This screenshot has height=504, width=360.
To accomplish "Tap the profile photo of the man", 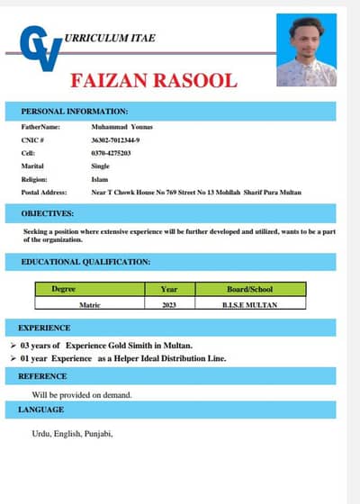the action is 306,50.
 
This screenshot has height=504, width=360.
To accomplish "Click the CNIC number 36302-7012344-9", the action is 115,140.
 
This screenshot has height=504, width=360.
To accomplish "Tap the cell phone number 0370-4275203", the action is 111,154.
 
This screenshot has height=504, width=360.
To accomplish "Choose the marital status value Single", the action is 100,166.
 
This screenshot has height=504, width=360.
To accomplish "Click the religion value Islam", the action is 99,179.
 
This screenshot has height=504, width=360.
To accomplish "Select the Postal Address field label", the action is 43,193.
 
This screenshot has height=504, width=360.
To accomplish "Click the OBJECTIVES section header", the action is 48,213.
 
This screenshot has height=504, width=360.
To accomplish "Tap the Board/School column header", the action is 249,290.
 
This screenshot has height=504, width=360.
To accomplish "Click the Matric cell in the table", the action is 89,305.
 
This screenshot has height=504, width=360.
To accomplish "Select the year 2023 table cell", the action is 168,305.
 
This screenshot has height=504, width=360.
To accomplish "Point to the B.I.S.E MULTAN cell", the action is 249,305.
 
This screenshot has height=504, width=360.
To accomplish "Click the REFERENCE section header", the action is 42,375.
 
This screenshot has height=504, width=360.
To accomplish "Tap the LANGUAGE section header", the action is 41,409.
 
